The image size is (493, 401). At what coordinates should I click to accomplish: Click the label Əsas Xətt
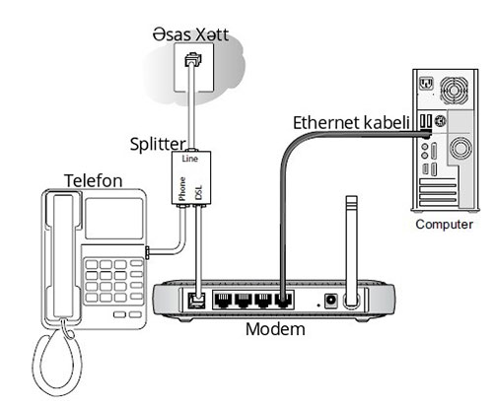click(190, 34)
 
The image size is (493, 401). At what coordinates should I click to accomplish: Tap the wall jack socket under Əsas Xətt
click(193, 59)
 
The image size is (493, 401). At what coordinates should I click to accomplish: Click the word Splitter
click(158, 144)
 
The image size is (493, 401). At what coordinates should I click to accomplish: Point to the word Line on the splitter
click(190, 159)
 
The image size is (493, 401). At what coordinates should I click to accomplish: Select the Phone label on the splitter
click(182, 188)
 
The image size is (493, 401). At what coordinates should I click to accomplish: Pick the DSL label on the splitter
click(198, 192)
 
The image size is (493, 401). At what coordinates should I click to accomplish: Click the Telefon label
click(94, 180)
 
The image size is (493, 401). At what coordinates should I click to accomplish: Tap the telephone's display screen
click(114, 219)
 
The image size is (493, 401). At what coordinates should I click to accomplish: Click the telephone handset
click(63, 257)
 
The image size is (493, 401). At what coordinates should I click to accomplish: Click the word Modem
click(275, 329)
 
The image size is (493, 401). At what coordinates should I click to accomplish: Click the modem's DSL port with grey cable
click(196, 301)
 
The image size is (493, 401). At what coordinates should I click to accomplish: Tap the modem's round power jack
click(330, 301)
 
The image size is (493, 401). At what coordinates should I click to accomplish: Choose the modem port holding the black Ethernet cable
click(283, 300)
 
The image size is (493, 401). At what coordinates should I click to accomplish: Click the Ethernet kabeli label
click(351, 123)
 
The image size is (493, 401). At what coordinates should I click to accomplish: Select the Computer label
click(444, 225)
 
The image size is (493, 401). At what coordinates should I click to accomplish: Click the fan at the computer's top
click(454, 90)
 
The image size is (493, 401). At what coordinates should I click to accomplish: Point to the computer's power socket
click(427, 84)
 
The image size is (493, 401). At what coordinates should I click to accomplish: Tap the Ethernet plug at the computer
click(426, 134)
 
